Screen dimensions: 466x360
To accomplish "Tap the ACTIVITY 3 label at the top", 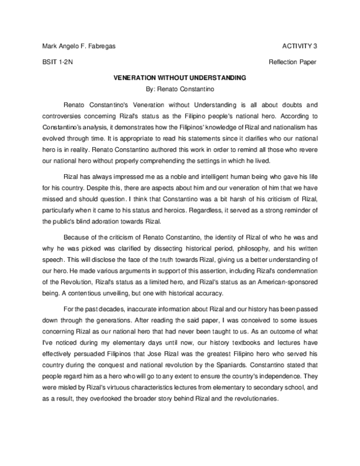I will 299,46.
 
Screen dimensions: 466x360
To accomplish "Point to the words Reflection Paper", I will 293,62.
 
